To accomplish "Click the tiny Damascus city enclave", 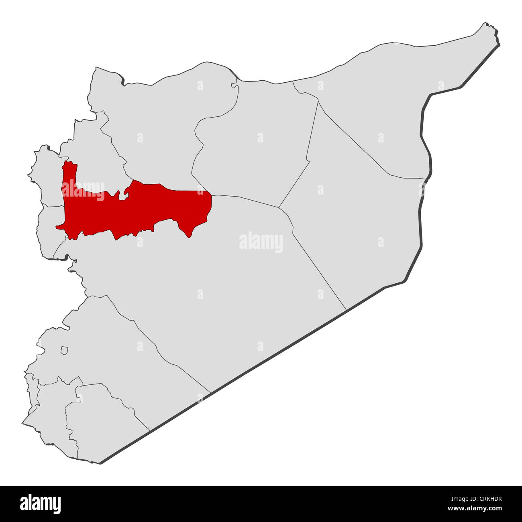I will pyautogui.click(x=64, y=350).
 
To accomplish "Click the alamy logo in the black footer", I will pyautogui.click(x=40, y=504).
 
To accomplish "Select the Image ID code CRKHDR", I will pyautogui.click(x=485, y=500).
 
